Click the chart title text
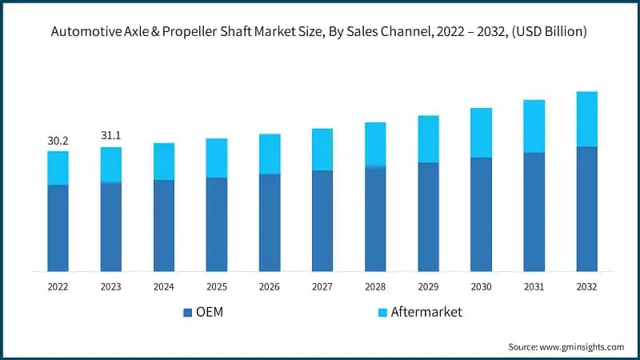[320, 33]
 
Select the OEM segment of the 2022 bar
[58, 228]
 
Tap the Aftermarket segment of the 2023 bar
[110, 165]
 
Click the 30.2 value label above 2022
[58, 141]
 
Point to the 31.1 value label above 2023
[110, 137]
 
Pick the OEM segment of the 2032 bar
[586, 209]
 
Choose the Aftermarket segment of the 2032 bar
[586, 119]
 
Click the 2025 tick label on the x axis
[216, 286]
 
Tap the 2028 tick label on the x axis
[375, 286]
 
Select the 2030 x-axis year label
[481, 286]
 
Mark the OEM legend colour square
[188, 312]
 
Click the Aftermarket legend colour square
[382, 312]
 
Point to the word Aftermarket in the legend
[426, 312]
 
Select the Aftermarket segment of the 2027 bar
[322, 150]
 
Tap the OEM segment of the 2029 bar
[428, 217]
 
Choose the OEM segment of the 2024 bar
[163, 226]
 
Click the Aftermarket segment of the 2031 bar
[534, 126]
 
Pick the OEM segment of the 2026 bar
[270, 222]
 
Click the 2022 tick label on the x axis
[58, 286]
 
